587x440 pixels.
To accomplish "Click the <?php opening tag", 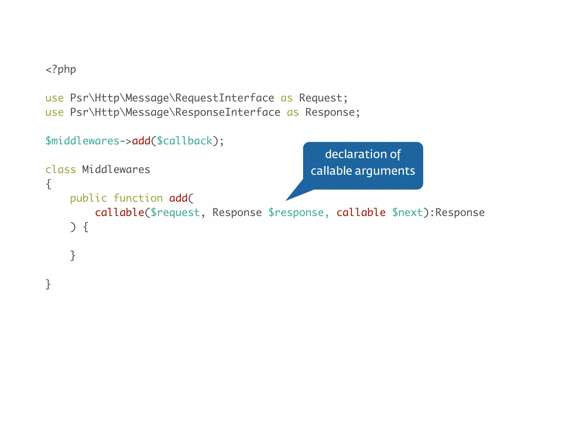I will pyautogui.click(x=61, y=70).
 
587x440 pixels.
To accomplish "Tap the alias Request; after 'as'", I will pyautogui.click(x=323, y=98).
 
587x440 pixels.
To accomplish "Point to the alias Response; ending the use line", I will pyautogui.click(x=332, y=112).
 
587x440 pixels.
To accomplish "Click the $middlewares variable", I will pyautogui.click(x=82, y=141).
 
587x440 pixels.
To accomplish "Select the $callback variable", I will pyautogui.click(x=185, y=141).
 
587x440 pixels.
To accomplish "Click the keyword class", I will pyautogui.click(x=61, y=170).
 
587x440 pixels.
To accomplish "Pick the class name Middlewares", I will pyautogui.click(x=116, y=170).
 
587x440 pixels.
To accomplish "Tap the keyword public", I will pyautogui.click(x=89, y=198).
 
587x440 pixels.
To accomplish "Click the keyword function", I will pyautogui.click(x=138, y=198).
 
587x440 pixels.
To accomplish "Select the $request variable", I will pyautogui.click(x=175, y=213).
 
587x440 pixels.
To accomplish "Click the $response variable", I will pyautogui.click(x=296, y=213).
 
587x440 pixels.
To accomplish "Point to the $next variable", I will pyautogui.click(x=407, y=213).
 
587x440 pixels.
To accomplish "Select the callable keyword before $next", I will pyautogui.click(x=361, y=213).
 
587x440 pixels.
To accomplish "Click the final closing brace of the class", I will pyautogui.click(x=48, y=284).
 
